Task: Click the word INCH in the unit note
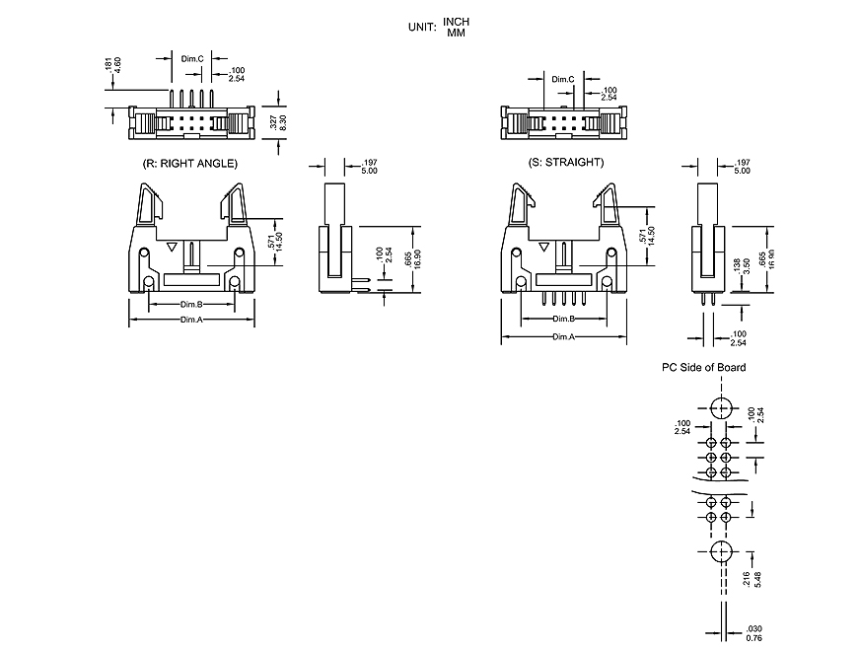point(457,22)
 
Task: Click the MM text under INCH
point(456,34)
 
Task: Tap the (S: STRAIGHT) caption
point(565,162)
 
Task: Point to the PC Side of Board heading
point(703,367)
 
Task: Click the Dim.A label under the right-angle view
point(191,320)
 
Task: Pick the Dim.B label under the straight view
point(563,320)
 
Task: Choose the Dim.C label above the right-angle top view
point(192,59)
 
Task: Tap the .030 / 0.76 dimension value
point(752,631)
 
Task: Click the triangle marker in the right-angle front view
point(172,248)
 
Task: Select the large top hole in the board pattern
point(719,407)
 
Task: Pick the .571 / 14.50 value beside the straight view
point(646,236)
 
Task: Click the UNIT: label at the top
point(421,28)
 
